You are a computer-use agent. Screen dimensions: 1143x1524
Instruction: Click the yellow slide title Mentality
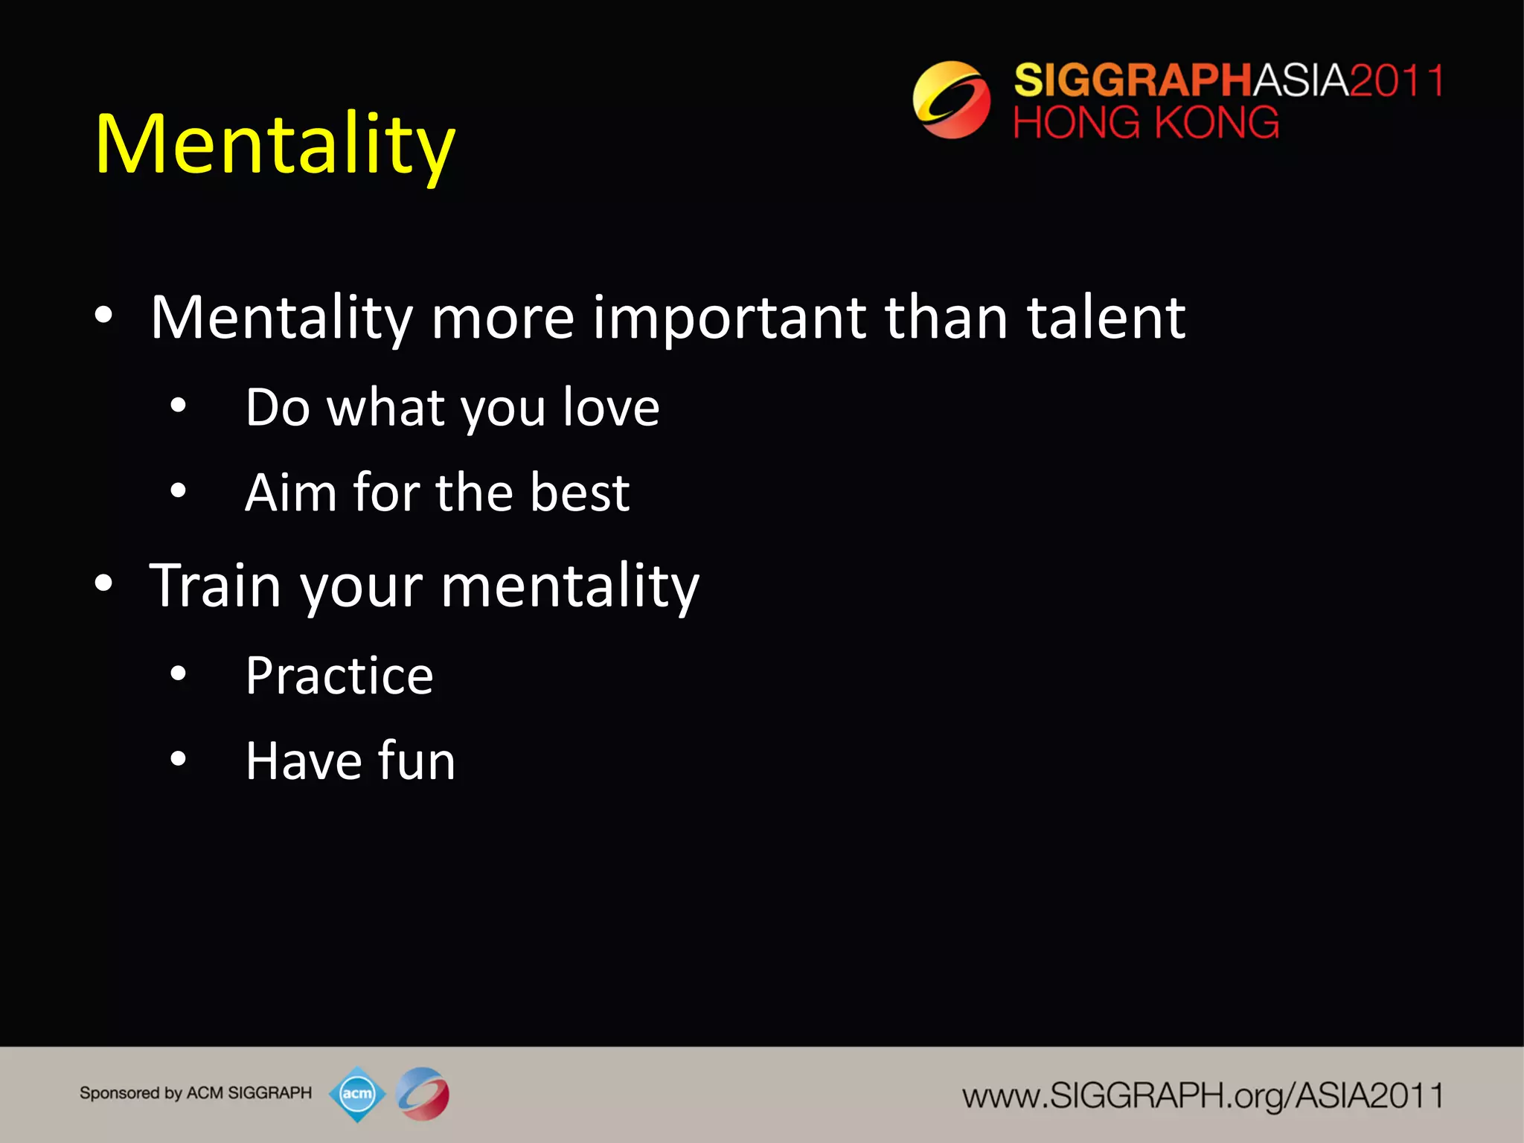pos(275,144)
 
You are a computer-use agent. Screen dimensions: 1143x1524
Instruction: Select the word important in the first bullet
pos(729,318)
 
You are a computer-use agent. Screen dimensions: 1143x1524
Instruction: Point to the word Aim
pos(290,493)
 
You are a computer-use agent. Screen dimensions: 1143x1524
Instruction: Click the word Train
pos(215,586)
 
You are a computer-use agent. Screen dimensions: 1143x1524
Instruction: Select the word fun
pos(417,761)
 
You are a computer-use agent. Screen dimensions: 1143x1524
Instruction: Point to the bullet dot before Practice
pos(178,674)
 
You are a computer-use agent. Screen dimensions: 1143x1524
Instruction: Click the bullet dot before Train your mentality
pos(103,584)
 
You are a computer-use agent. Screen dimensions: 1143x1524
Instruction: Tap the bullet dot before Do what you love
pos(178,406)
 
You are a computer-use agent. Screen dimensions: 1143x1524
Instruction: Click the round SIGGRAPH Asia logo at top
pos(951,100)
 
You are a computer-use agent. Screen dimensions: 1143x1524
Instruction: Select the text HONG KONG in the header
pos(1146,123)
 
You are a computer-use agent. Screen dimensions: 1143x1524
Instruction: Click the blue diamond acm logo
pos(357,1094)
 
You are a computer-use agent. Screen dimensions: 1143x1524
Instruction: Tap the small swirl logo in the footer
pos(423,1094)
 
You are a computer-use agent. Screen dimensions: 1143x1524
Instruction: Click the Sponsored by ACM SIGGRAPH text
pos(196,1093)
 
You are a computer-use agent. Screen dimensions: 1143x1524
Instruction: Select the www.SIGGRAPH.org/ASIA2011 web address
pos(1203,1096)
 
